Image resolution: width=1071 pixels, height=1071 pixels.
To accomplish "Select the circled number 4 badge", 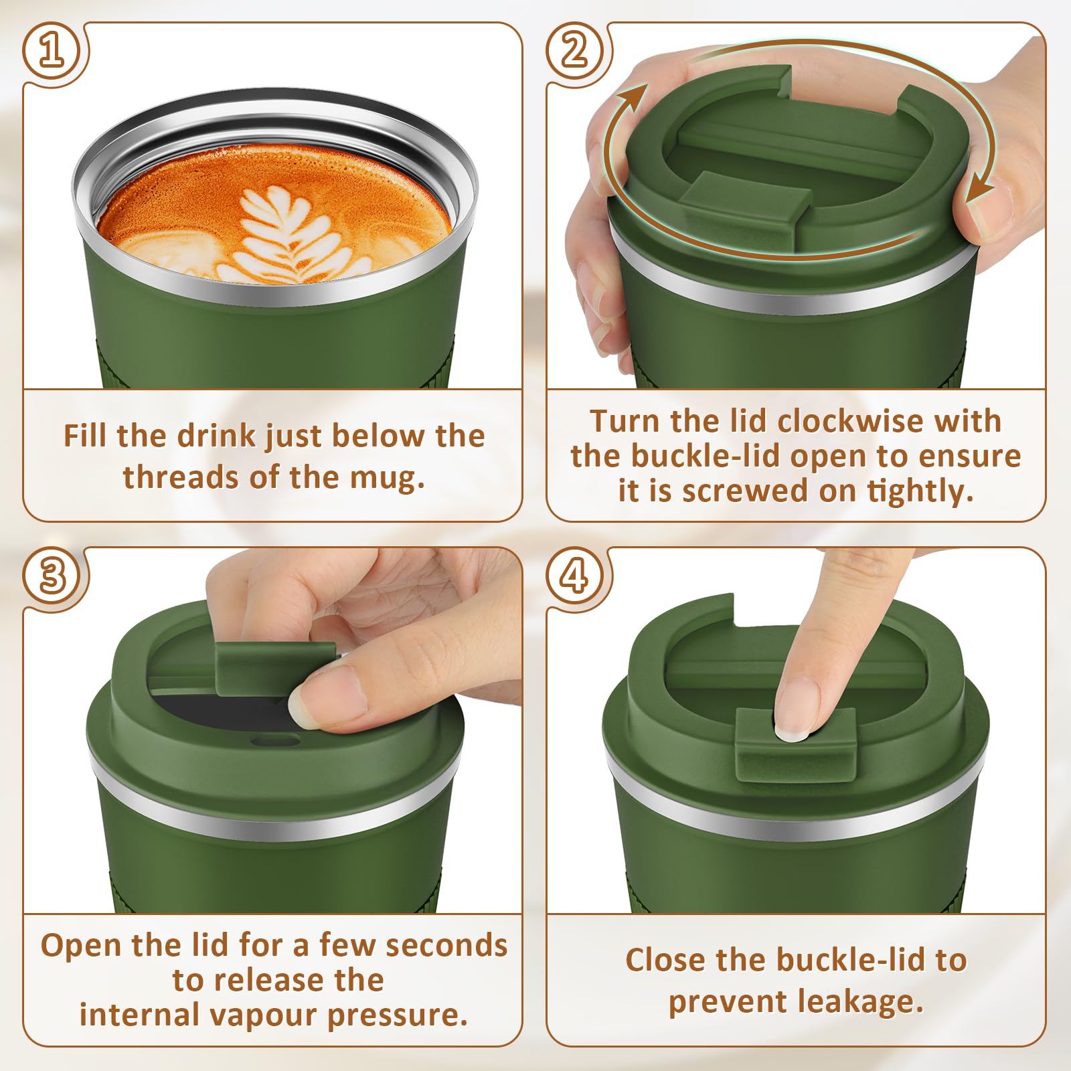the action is coord(575,576).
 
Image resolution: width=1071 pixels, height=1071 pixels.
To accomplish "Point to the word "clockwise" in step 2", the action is coord(850,421).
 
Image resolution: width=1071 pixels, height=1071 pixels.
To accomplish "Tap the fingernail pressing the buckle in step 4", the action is coord(791,731).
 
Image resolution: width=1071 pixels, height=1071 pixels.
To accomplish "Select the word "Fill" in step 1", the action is coord(85,436).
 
